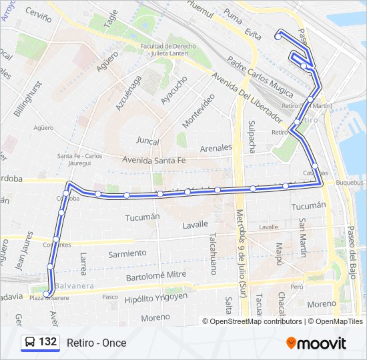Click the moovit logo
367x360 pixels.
tap(316, 343)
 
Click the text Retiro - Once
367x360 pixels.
tap(96, 343)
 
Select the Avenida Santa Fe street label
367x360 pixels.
tap(154, 160)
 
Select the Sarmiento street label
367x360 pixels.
tap(127, 253)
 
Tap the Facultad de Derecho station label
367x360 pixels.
tap(165, 46)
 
